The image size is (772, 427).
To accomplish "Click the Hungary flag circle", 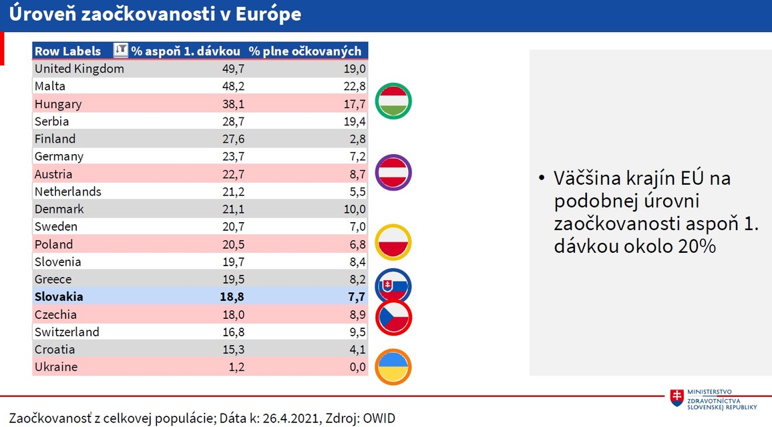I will (x=393, y=102).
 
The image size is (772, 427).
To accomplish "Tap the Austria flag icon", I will (x=393, y=172).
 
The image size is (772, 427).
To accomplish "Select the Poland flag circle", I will (x=393, y=243).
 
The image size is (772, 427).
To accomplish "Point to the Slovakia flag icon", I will (x=393, y=286).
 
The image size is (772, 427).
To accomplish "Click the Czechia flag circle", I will (x=393, y=317).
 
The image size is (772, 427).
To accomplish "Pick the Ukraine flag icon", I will (x=393, y=366).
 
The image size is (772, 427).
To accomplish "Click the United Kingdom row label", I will (x=79, y=69).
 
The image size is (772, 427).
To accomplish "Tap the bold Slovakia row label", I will (x=59, y=297).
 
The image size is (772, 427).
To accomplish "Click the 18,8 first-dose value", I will (x=233, y=297).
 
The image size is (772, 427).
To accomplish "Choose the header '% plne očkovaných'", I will (x=305, y=51).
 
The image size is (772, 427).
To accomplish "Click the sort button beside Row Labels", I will (x=120, y=50).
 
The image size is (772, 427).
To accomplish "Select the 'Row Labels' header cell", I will (x=67, y=51).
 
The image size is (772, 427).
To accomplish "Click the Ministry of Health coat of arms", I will (x=677, y=398).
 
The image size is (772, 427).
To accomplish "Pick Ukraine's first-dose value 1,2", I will (x=236, y=367).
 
